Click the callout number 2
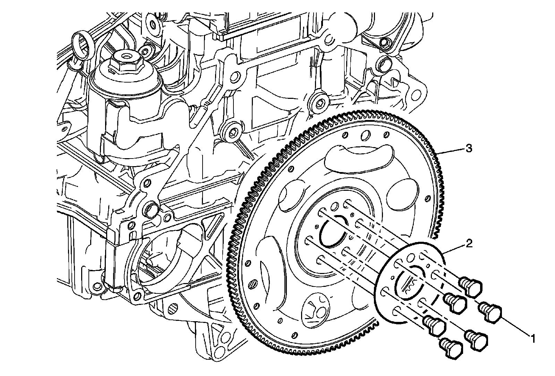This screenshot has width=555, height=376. pyautogui.click(x=468, y=244)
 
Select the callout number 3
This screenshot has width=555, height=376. pyautogui.click(x=468, y=149)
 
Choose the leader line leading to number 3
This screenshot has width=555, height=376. pyautogui.click(x=451, y=151)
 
